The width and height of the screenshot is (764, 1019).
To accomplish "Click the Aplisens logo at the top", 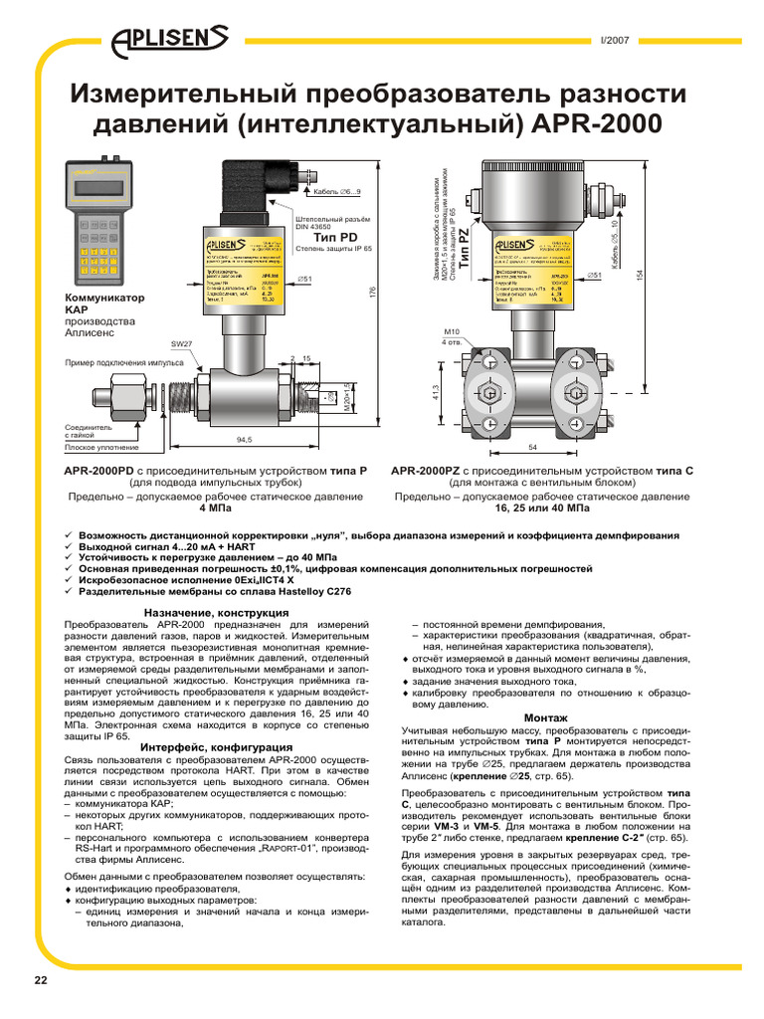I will tap(170, 39).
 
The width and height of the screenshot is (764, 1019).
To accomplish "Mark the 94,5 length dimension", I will tap(243, 439).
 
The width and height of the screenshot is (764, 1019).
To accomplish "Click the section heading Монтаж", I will tap(545, 717).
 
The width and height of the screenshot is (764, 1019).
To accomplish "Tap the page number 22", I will tap(41, 980).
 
